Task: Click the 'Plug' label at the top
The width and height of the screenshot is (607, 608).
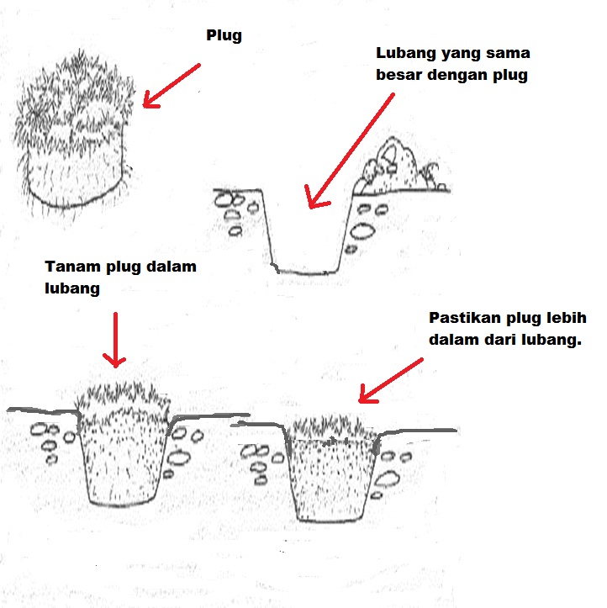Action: pyautogui.click(x=224, y=36)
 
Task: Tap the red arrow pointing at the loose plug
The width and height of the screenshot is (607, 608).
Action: pyautogui.click(x=172, y=86)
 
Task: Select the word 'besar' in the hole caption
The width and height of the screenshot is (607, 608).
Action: pyautogui.click(x=399, y=75)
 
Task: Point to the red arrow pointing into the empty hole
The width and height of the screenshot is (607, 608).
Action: pyautogui.click(x=350, y=151)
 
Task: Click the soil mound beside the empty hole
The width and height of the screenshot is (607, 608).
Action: pyautogui.click(x=401, y=166)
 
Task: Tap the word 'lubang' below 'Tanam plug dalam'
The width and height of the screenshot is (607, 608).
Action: pyautogui.click(x=72, y=289)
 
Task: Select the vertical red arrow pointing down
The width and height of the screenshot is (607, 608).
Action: pyautogui.click(x=114, y=340)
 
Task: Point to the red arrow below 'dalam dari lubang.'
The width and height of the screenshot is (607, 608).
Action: pyautogui.click(x=391, y=381)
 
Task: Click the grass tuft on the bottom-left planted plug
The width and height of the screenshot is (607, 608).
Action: pyautogui.click(x=124, y=400)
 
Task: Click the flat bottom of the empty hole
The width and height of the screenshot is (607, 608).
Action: pyautogui.click(x=307, y=272)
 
